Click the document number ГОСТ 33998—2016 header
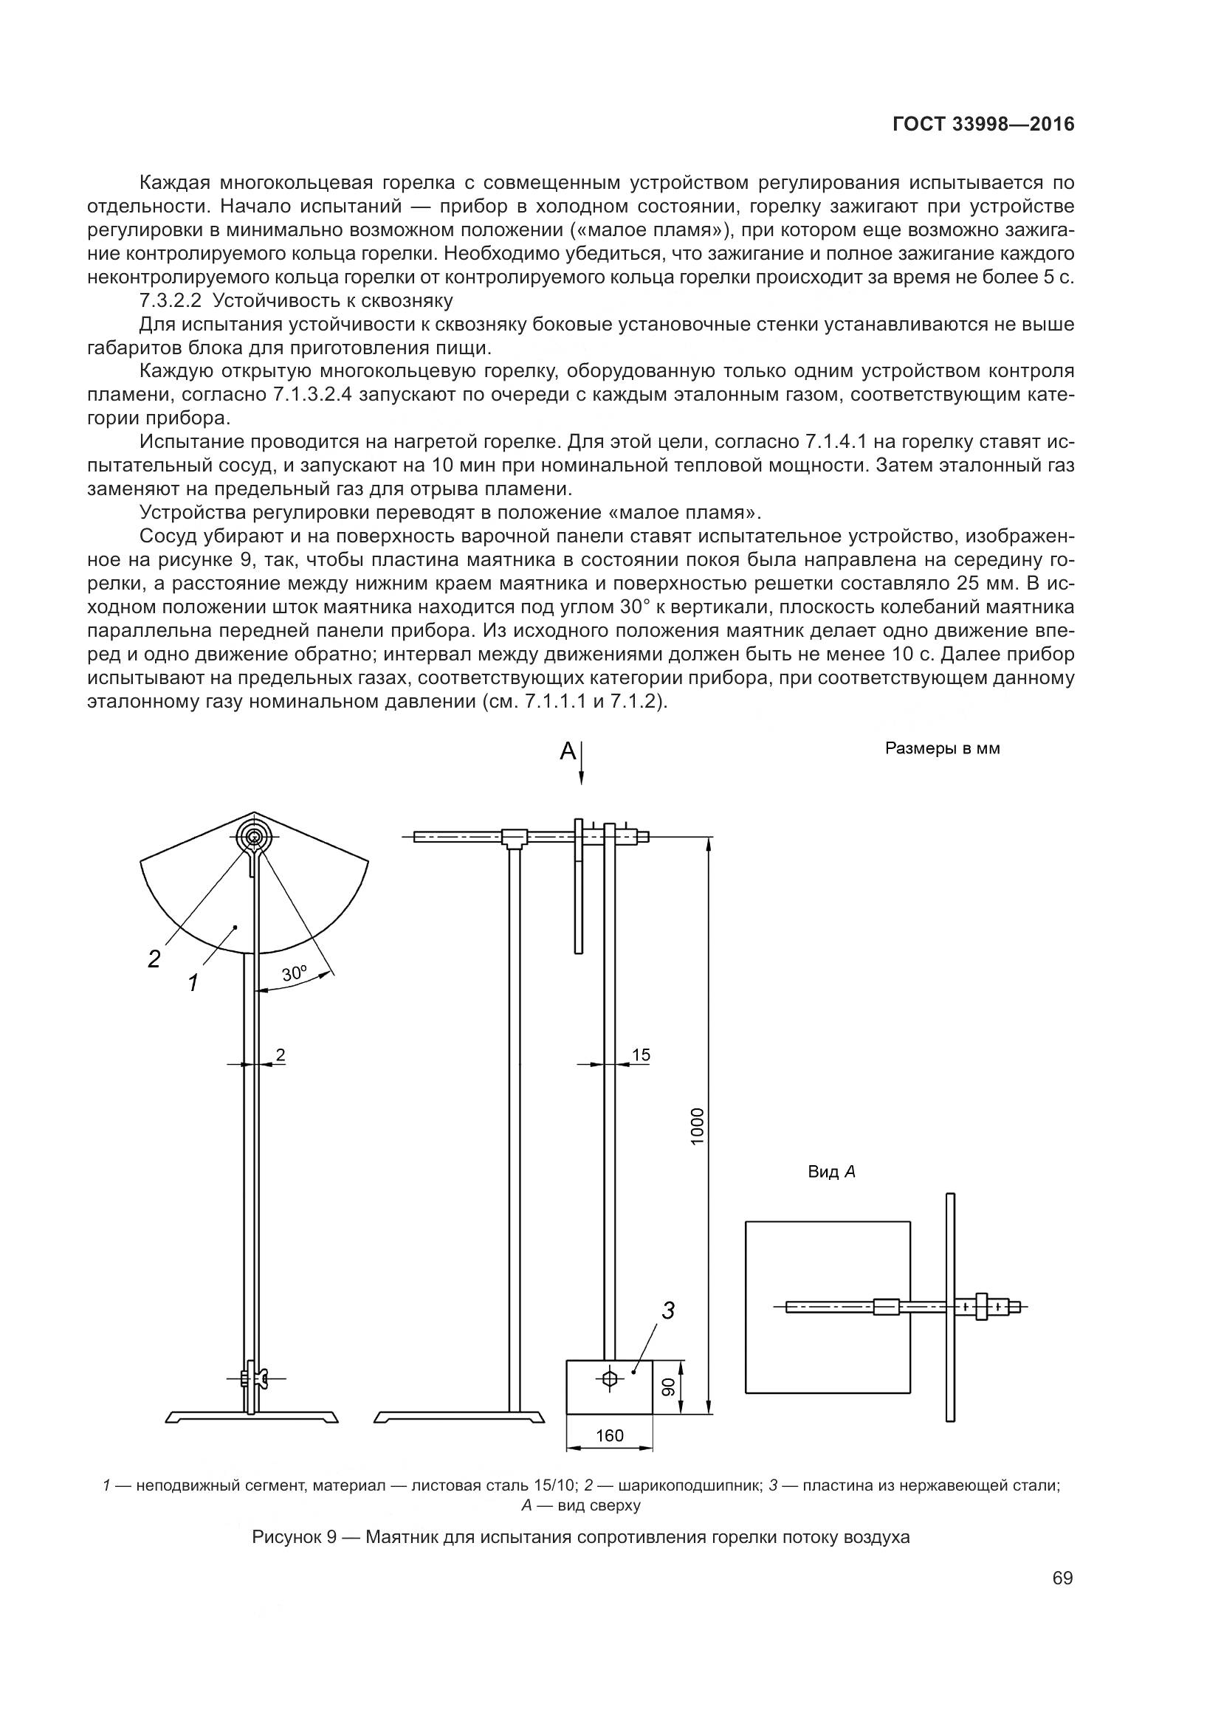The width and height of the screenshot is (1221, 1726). click(983, 125)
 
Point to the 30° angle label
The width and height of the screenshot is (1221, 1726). click(295, 973)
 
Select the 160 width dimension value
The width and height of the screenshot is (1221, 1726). click(609, 1435)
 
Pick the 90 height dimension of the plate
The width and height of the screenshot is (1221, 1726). click(668, 1387)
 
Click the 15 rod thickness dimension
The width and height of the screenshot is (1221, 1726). click(641, 1055)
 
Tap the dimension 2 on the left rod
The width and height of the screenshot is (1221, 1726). click(281, 1055)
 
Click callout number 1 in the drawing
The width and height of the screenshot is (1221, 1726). click(193, 982)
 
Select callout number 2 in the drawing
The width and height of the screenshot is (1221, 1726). click(154, 959)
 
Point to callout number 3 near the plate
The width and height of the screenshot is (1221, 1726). click(667, 1311)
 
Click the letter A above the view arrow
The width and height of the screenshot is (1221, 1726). click(568, 751)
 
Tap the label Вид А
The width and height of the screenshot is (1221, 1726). click(831, 1172)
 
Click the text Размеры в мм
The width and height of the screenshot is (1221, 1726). click(942, 749)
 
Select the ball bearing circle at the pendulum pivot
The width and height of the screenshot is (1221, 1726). click(254, 837)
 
